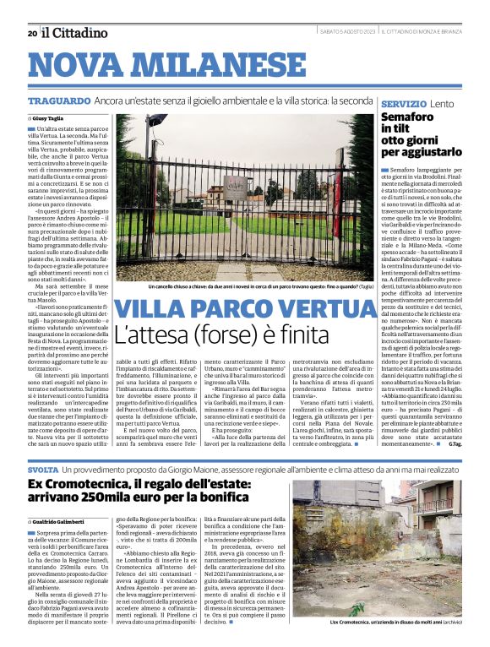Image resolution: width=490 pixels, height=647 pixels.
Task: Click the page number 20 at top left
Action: pos(31,34)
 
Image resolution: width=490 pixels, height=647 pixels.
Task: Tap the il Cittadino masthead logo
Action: pos(75,33)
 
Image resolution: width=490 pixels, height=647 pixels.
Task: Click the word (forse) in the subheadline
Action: pos(247,335)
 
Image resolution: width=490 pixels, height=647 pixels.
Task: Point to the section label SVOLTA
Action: pos(43,469)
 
